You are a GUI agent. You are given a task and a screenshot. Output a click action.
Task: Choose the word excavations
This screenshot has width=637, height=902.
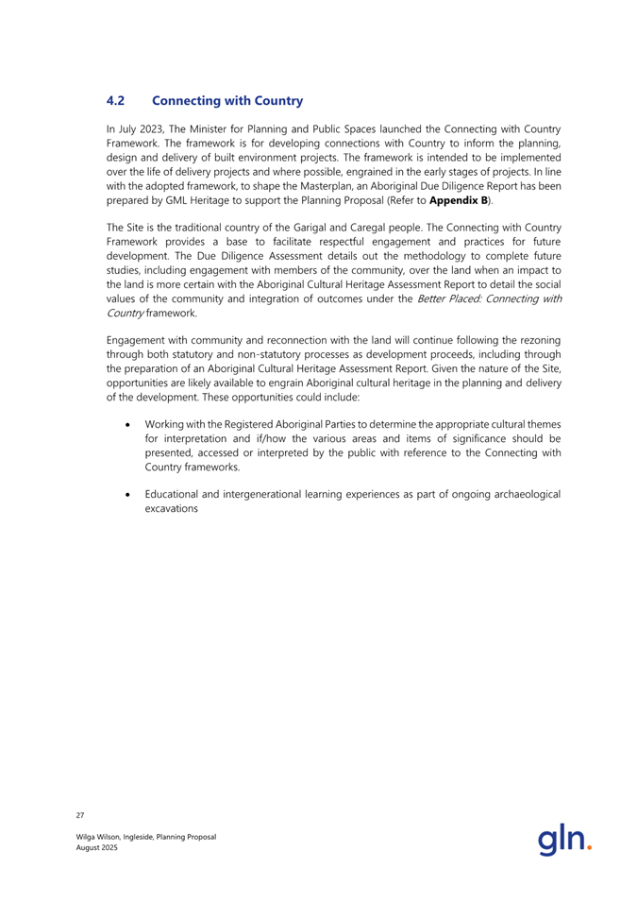(x=173, y=508)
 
